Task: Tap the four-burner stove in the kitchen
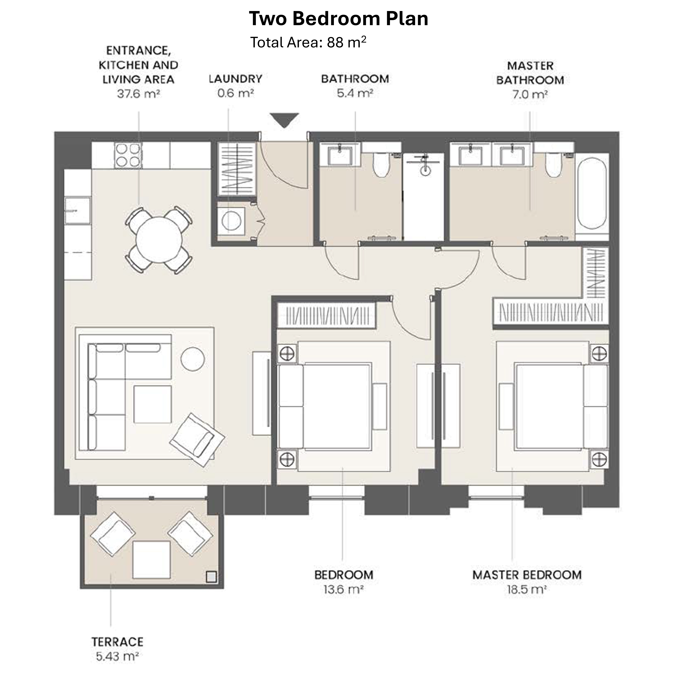tap(128, 155)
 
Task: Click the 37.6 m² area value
tap(138, 94)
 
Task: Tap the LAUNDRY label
tap(235, 79)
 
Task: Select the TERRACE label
tap(117, 642)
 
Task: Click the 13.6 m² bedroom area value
tap(343, 590)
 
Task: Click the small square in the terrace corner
tap(211, 576)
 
